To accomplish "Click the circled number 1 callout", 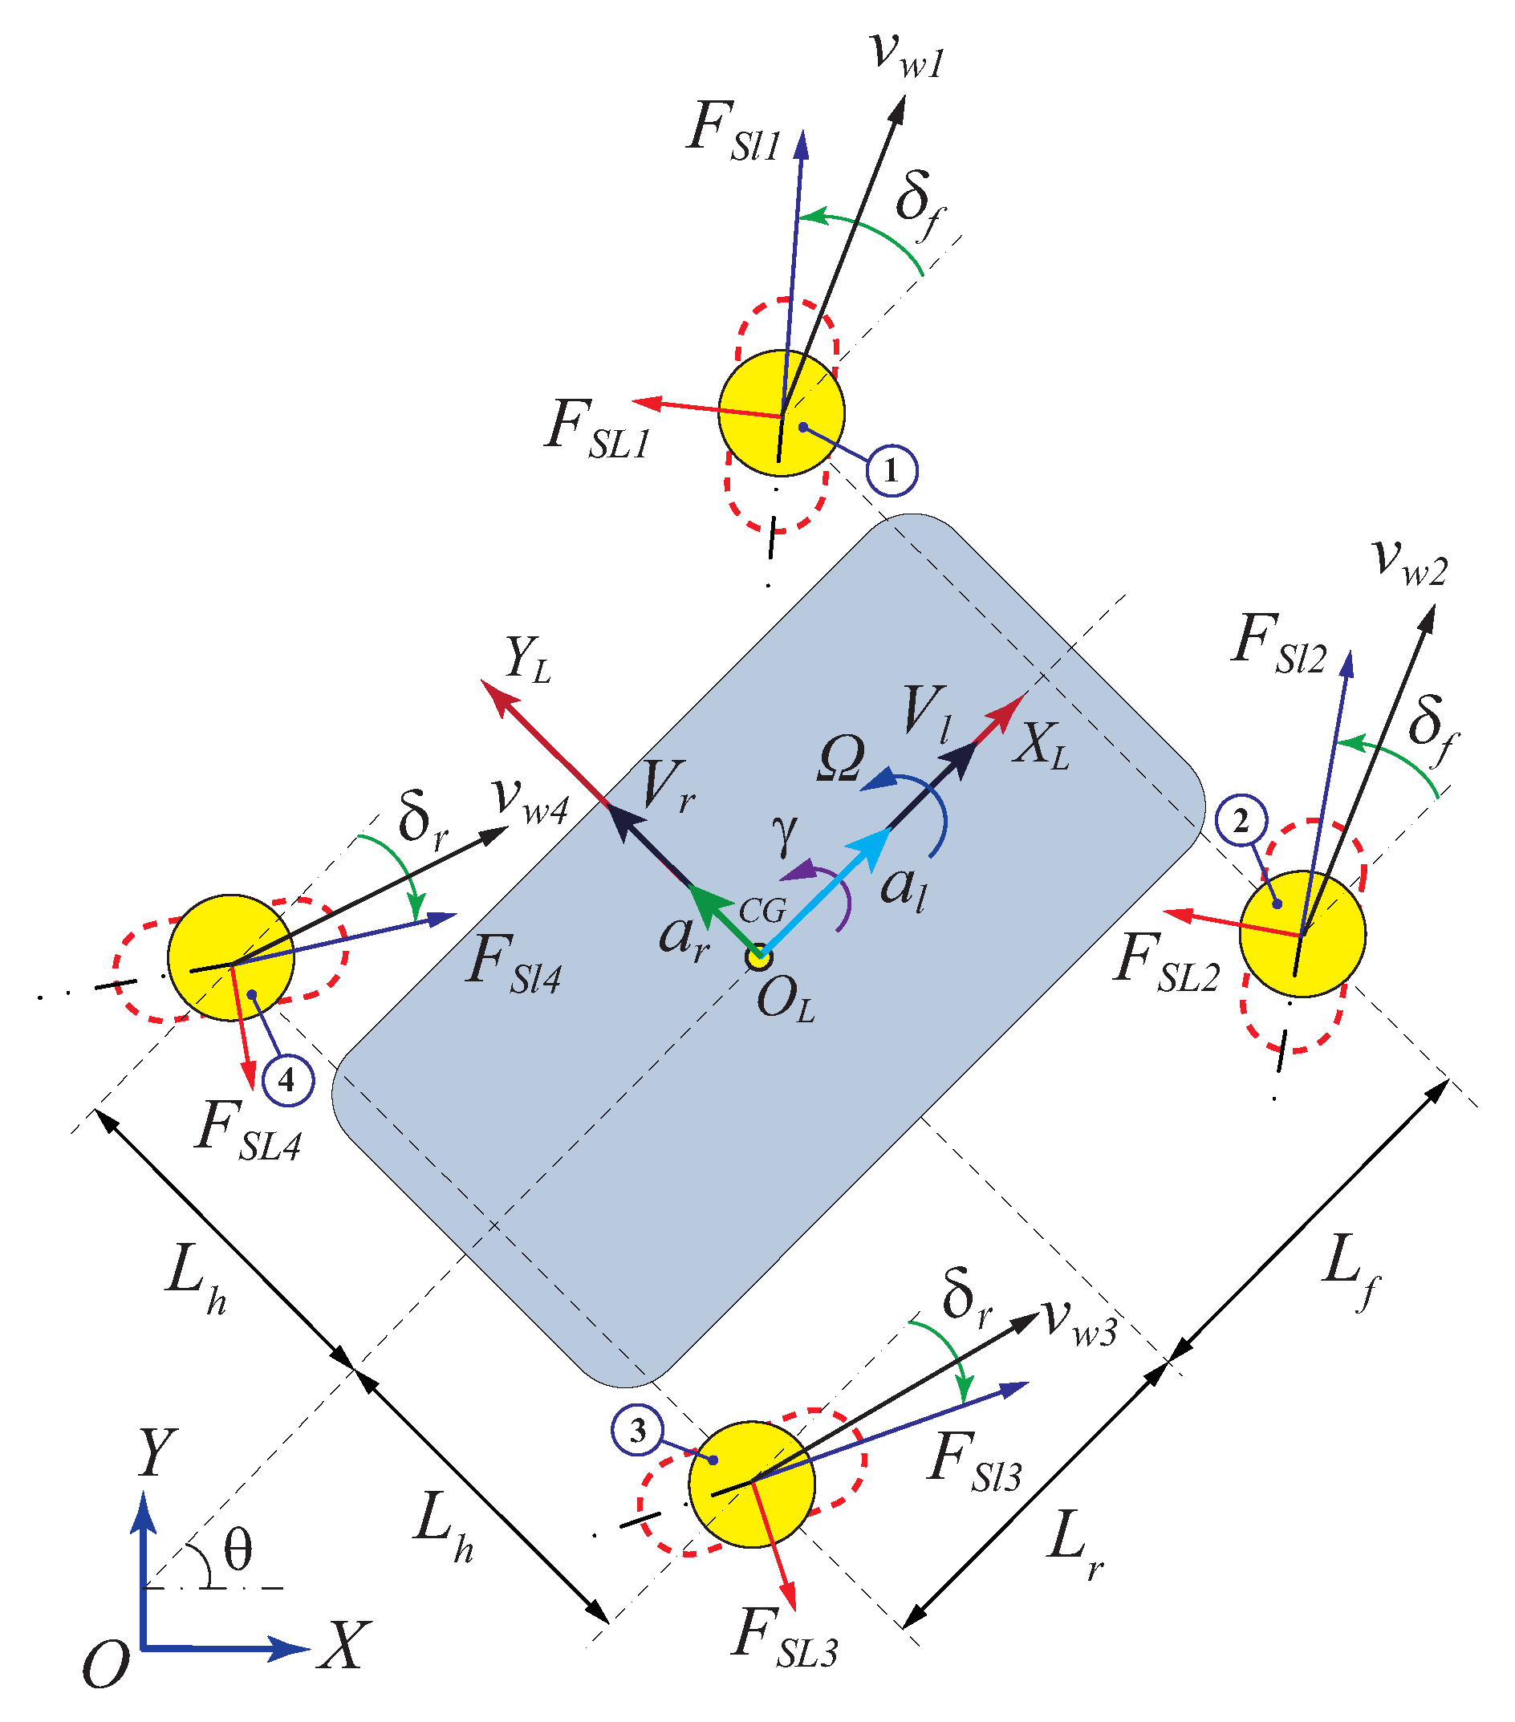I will [x=891, y=470].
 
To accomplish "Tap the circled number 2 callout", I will [x=1241, y=821].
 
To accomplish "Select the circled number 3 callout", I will [x=638, y=1430].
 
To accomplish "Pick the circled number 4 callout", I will [x=287, y=1079].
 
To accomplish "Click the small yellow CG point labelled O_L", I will [x=759, y=957].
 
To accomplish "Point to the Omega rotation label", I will [x=840, y=759].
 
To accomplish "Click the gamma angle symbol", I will [x=785, y=834].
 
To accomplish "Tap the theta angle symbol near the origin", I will [x=238, y=1551].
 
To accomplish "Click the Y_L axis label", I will [x=527, y=660].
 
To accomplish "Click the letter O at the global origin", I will [x=106, y=1665].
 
